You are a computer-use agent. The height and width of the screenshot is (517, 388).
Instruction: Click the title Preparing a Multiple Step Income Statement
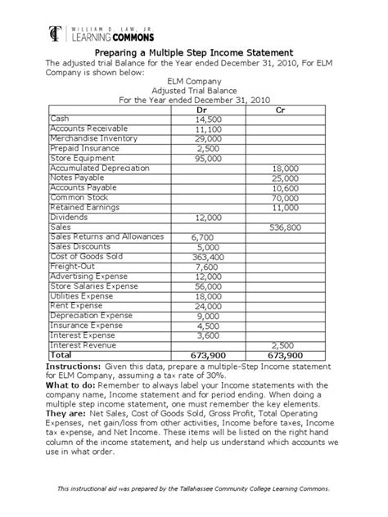point(193,52)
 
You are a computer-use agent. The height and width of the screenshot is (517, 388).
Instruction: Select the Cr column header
point(281,110)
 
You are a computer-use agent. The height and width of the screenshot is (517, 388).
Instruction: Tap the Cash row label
point(61,119)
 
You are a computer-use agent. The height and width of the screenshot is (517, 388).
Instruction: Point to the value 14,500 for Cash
point(209,119)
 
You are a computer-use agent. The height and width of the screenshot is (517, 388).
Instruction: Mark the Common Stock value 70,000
point(286,198)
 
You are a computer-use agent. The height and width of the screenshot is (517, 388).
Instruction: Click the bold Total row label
point(62,355)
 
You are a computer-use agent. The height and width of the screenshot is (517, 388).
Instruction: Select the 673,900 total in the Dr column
point(209,356)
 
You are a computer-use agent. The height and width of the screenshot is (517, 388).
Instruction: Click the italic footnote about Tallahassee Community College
point(194,488)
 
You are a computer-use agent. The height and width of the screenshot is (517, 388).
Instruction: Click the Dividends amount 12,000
point(209,218)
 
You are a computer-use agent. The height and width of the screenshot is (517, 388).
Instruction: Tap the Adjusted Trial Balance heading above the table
point(194,91)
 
